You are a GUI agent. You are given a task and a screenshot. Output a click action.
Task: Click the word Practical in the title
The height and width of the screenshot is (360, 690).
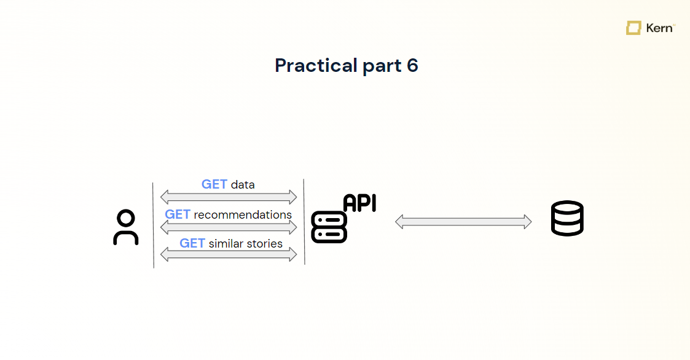(x=316, y=66)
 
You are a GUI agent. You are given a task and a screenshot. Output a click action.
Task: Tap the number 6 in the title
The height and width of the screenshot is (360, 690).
(x=412, y=66)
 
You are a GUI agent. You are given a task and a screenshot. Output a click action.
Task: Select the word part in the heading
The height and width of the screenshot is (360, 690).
(x=382, y=66)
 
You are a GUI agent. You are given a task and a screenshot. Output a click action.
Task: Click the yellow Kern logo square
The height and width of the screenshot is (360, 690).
(x=633, y=28)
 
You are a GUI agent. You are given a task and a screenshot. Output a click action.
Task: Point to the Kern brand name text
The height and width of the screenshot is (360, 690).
(x=659, y=28)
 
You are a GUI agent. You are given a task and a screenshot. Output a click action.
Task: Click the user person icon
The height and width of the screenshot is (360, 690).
(x=126, y=227)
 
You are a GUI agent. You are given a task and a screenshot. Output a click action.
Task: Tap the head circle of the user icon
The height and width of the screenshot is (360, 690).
(x=126, y=218)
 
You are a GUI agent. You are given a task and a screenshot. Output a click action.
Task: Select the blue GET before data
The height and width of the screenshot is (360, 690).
(x=214, y=184)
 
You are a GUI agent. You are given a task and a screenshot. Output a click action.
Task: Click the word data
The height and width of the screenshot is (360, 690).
(x=243, y=185)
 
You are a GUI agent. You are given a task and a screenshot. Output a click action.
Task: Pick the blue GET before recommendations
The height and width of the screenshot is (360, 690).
(x=178, y=214)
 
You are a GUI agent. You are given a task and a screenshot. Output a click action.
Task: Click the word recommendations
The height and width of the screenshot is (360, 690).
(x=243, y=215)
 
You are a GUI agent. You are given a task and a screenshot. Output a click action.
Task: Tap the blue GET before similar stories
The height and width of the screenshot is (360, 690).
(x=192, y=243)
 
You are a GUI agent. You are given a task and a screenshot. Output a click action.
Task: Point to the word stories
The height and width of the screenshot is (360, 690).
(x=264, y=244)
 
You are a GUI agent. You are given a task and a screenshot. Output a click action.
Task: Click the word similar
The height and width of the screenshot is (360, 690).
(x=225, y=244)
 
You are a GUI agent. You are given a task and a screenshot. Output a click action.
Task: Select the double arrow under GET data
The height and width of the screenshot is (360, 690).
(x=229, y=197)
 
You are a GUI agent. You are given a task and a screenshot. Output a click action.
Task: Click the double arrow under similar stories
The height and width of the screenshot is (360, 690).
(x=229, y=254)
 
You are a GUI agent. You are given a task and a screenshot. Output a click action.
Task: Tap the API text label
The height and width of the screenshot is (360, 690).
(x=359, y=203)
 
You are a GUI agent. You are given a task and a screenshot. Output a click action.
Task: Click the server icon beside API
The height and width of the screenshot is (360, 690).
(x=329, y=227)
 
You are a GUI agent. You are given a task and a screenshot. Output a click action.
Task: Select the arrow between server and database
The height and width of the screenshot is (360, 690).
(x=463, y=222)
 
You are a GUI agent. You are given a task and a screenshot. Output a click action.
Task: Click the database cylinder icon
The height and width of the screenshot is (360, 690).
(x=567, y=218)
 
